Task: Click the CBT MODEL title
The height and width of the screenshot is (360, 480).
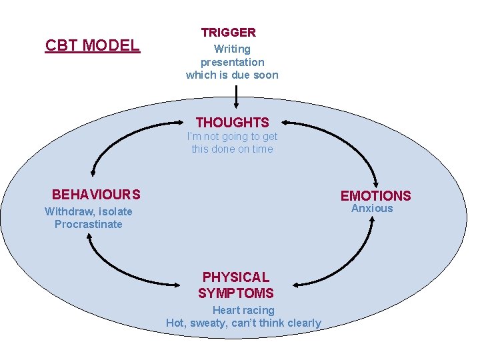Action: [x=92, y=45]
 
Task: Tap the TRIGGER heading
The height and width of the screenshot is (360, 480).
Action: [x=229, y=32]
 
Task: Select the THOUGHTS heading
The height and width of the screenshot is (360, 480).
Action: [x=232, y=123]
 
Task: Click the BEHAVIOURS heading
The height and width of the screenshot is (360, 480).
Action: [x=96, y=195]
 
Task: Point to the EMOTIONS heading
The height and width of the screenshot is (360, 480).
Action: [x=375, y=195]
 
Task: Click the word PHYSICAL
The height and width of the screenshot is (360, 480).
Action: [x=236, y=277]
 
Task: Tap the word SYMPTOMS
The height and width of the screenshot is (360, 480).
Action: [x=236, y=293]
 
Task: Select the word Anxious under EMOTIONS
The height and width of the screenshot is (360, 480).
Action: [x=372, y=209]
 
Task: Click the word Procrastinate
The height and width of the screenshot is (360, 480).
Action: [x=89, y=225]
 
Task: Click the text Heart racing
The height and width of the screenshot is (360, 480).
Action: [x=243, y=310]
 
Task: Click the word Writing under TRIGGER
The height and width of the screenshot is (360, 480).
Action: [x=232, y=49]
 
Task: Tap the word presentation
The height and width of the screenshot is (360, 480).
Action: [x=232, y=62]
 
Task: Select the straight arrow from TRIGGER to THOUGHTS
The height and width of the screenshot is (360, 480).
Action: [x=236, y=97]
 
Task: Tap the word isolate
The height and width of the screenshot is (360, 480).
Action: [x=117, y=212]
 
